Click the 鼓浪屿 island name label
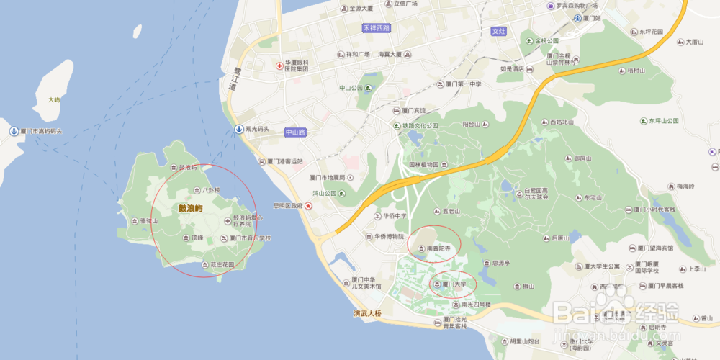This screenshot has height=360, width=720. [191, 208]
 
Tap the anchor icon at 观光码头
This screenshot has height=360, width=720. [238, 129]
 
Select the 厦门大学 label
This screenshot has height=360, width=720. [454, 284]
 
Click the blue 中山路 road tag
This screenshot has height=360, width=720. [295, 132]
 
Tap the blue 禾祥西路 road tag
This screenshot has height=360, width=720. [376, 28]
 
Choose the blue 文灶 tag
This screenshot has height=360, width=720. [499, 32]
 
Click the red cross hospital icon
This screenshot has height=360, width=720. [280, 66]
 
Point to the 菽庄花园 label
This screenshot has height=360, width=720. [222, 264]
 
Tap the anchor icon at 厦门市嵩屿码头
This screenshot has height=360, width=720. [13, 131]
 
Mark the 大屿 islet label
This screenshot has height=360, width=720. [54, 99]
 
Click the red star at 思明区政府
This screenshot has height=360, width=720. [309, 206]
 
